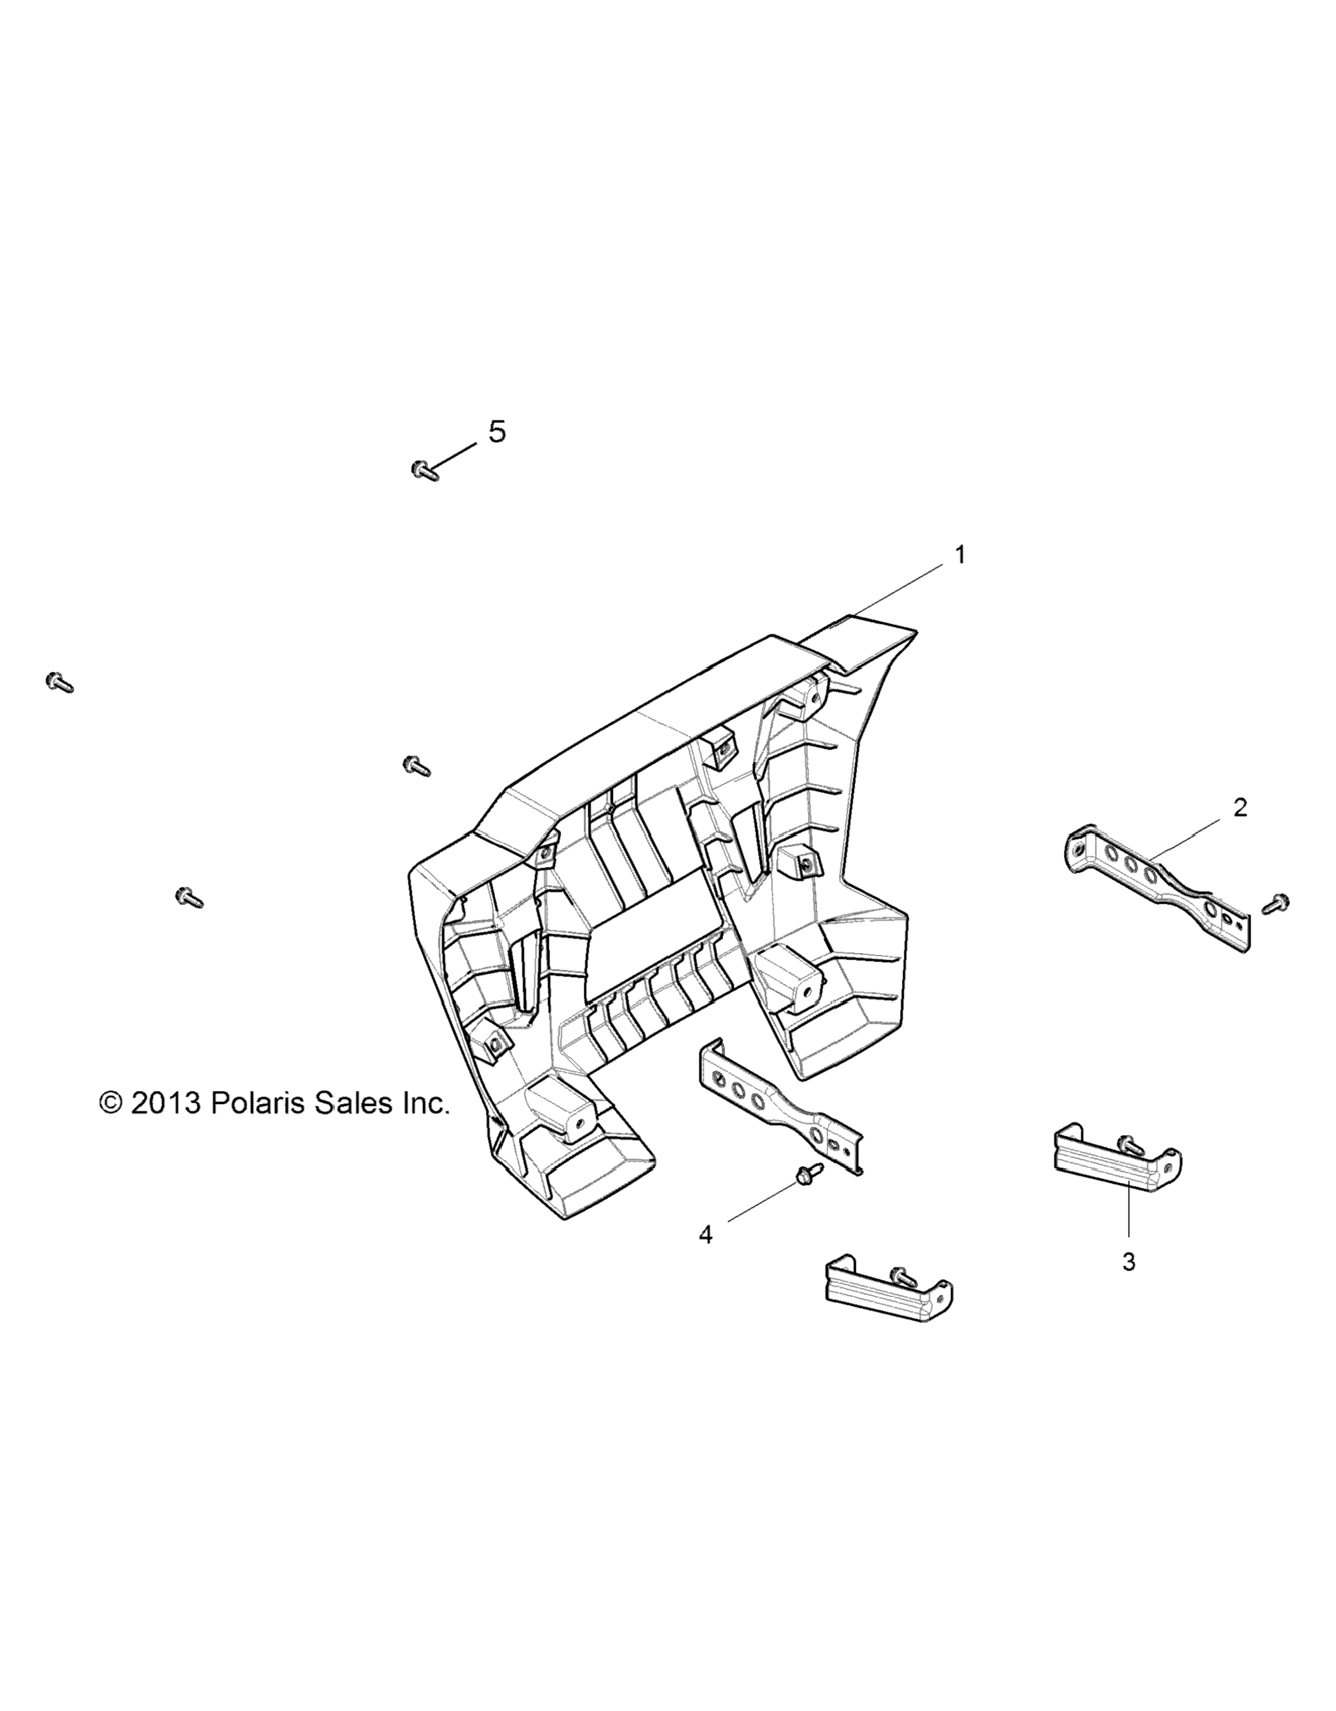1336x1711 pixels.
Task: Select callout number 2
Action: [1239, 807]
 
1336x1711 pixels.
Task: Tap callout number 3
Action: [1129, 1262]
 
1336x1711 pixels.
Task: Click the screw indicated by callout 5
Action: [424, 471]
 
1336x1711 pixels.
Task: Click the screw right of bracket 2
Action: [1276, 903]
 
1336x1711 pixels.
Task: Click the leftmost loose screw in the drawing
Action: [60, 682]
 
